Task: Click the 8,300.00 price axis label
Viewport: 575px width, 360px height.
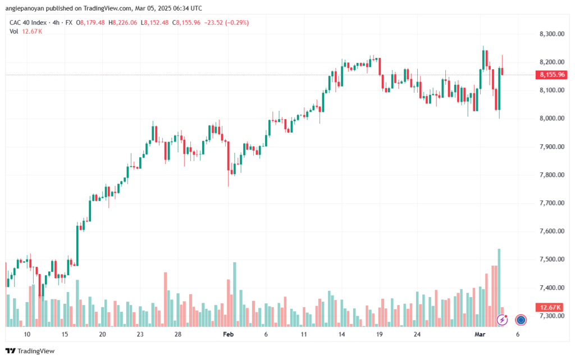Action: [x=551, y=34]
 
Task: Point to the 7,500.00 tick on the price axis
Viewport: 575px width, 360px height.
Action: [x=551, y=259]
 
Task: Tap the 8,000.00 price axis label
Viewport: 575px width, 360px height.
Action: [x=551, y=119]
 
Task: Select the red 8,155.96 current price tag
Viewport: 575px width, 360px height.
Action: [x=552, y=75]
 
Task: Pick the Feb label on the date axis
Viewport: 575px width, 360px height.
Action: [x=228, y=334]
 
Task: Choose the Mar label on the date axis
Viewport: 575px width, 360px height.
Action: [x=480, y=334]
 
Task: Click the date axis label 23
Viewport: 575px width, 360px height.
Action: [x=140, y=334]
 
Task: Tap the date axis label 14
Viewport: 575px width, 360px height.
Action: [x=341, y=334]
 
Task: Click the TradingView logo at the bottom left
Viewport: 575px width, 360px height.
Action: [x=30, y=351]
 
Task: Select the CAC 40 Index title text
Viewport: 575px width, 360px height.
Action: [x=28, y=22]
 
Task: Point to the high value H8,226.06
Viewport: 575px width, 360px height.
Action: [x=122, y=22]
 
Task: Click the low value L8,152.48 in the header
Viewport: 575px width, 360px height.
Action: [x=154, y=22]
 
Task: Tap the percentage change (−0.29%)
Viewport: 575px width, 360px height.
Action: [x=237, y=22]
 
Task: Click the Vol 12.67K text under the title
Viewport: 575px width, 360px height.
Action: [x=26, y=31]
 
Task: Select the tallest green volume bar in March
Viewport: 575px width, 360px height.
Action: [x=499, y=288]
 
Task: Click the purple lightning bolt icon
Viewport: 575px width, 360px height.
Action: [x=502, y=320]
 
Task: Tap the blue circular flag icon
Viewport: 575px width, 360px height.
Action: [x=521, y=320]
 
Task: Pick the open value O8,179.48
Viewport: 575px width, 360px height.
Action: [x=90, y=22]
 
